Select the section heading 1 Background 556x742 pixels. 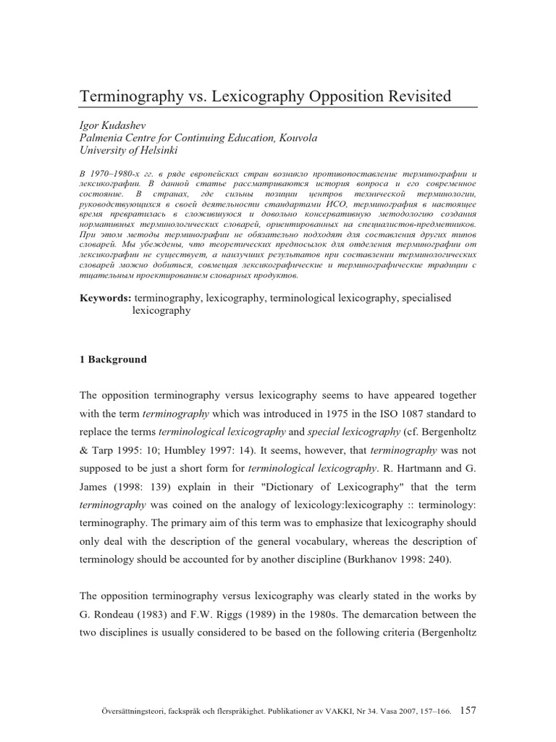(112, 359)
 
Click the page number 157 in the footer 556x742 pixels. (468, 691)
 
